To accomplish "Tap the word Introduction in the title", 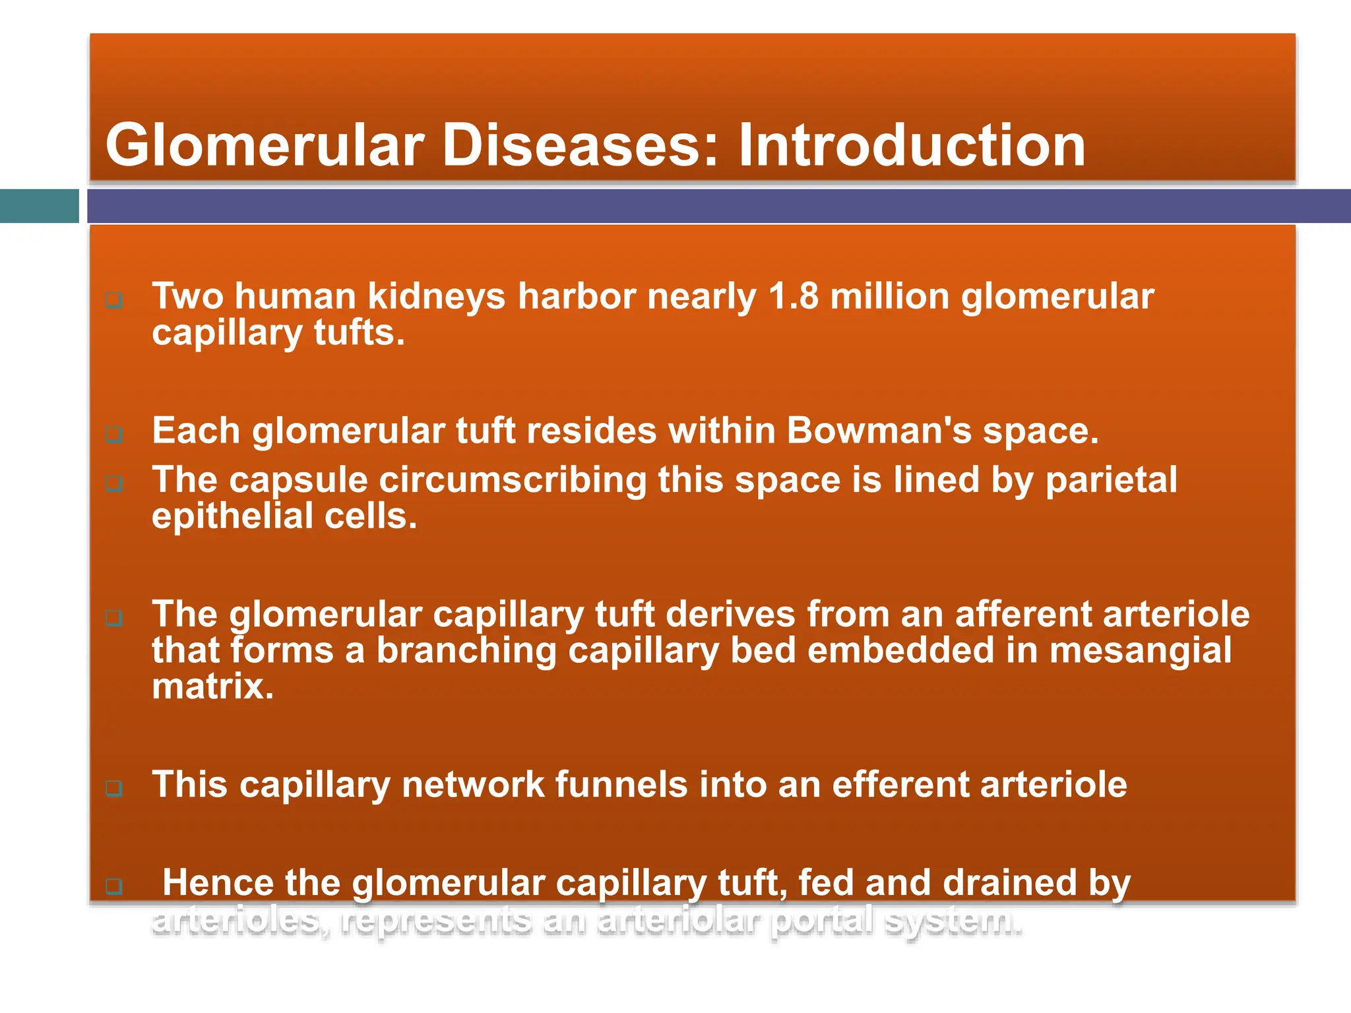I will (x=911, y=146).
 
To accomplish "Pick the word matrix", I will (x=212, y=687).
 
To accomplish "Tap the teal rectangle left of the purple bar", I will (x=39, y=206).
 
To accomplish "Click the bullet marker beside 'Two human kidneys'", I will (x=114, y=301).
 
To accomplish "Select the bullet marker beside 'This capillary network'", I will (x=114, y=788).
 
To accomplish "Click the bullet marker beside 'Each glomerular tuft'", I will (x=114, y=435).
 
